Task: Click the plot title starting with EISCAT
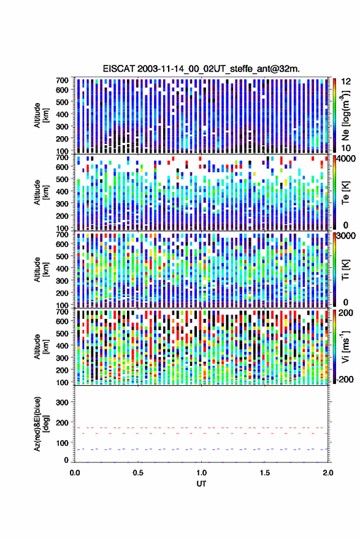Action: pos(201,69)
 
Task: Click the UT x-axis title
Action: pos(201,484)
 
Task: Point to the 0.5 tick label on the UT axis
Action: pos(138,473)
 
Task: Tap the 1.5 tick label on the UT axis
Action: pos(265,473)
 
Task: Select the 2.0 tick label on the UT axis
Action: pos(328,473)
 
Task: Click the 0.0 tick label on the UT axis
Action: pos(75,473)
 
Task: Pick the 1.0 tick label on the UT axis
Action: pos(202,473)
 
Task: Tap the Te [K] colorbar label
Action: pos(345,193)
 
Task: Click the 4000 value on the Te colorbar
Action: pos(347,159)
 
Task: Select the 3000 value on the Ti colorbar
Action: pos(347,236)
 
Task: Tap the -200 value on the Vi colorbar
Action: pos(345,379)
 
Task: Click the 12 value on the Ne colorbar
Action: pos(346,82)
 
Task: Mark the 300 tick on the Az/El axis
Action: pos(62,402)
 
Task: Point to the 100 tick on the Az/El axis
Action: pos(62,443)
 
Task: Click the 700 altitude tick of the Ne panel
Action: pos(62,80)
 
